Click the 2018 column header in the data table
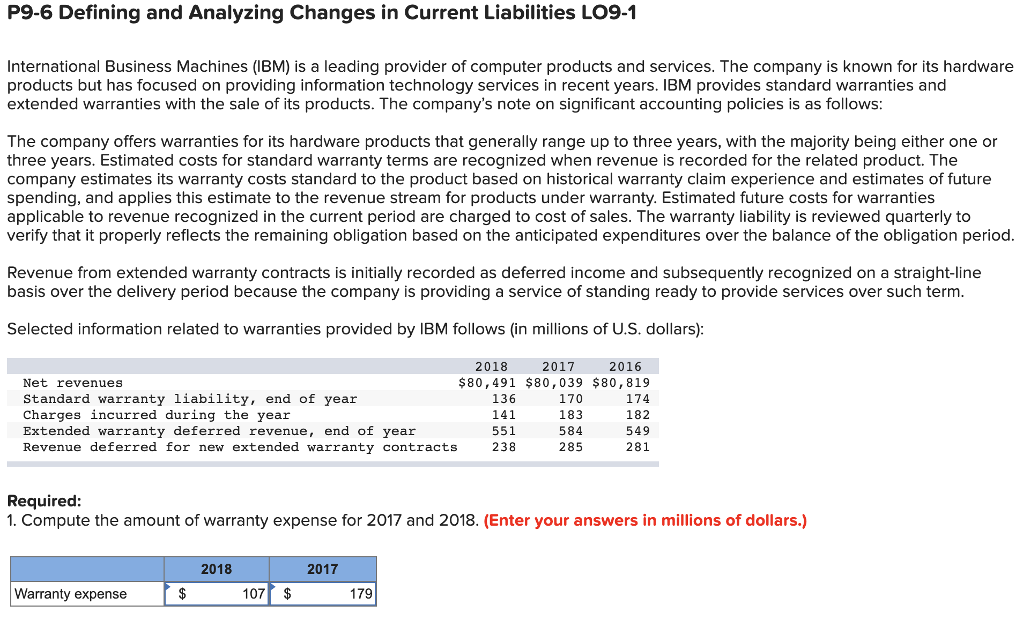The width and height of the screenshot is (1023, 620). [x=491, y=367]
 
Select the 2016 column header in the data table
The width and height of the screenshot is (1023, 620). [x=625, y=367]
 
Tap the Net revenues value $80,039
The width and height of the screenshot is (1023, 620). [x=554, y=383]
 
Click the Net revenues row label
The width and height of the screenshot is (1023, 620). [x=73, y=383]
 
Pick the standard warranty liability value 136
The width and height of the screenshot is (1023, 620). [x=504, y=399]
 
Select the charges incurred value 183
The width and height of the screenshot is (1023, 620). [x=570, y=415]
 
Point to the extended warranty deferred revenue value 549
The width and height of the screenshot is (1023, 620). [x=637, y=431]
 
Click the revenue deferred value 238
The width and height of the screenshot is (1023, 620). [x=504, y=447]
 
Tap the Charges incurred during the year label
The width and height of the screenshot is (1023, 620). [x=157, y=415]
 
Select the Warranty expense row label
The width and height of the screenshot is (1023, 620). [x=71, y=594]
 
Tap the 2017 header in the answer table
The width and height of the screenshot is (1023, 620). [x=322, y=569]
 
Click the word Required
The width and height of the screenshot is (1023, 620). [x=44, y=501]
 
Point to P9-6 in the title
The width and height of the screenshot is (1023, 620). [x=29, y=12]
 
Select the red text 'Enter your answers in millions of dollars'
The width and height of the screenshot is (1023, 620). [x=645, y=520]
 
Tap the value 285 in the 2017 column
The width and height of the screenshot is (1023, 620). [x=570, y=447]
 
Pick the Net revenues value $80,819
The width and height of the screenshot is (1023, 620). [x=621, y=383]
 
